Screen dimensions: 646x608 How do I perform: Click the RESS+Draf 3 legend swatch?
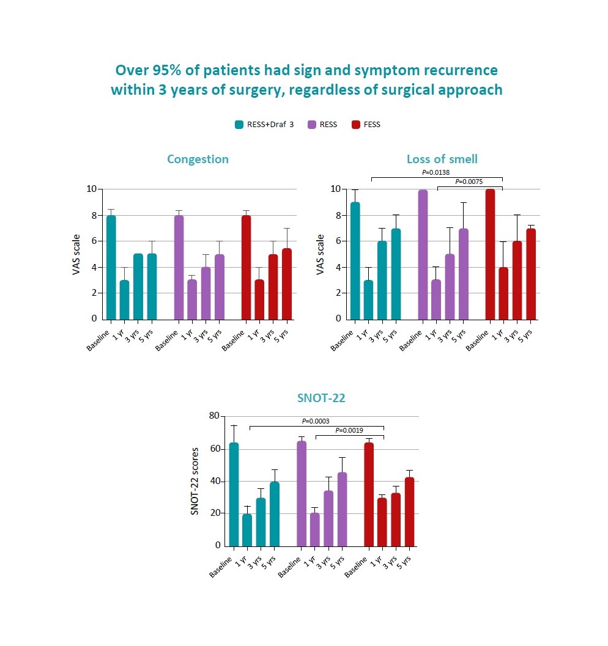[x=240, y=125]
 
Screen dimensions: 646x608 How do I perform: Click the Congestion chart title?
[x=198, y=160]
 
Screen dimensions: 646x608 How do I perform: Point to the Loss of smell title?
[x=442, y=160]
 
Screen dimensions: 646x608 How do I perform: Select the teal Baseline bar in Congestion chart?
[x=111, y=267]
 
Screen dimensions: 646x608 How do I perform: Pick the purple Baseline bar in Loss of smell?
[x=423, y=254]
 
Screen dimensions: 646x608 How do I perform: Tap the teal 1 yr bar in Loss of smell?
[x=369, y=299]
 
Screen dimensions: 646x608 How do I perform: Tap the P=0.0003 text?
[x=317, y=421]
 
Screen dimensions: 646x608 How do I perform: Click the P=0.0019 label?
[x=350, y=430]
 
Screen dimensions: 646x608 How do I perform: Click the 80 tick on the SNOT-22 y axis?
[x=214, y=416]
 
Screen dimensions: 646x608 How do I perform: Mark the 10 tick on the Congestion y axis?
[x=91, y=189]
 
